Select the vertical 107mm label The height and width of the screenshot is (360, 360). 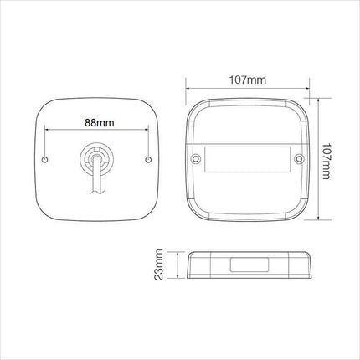[326, 158]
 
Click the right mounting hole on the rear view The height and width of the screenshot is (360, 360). [147, 159]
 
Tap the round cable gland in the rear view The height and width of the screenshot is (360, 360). [98, 158]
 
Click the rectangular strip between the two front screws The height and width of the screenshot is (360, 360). [246, 159]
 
